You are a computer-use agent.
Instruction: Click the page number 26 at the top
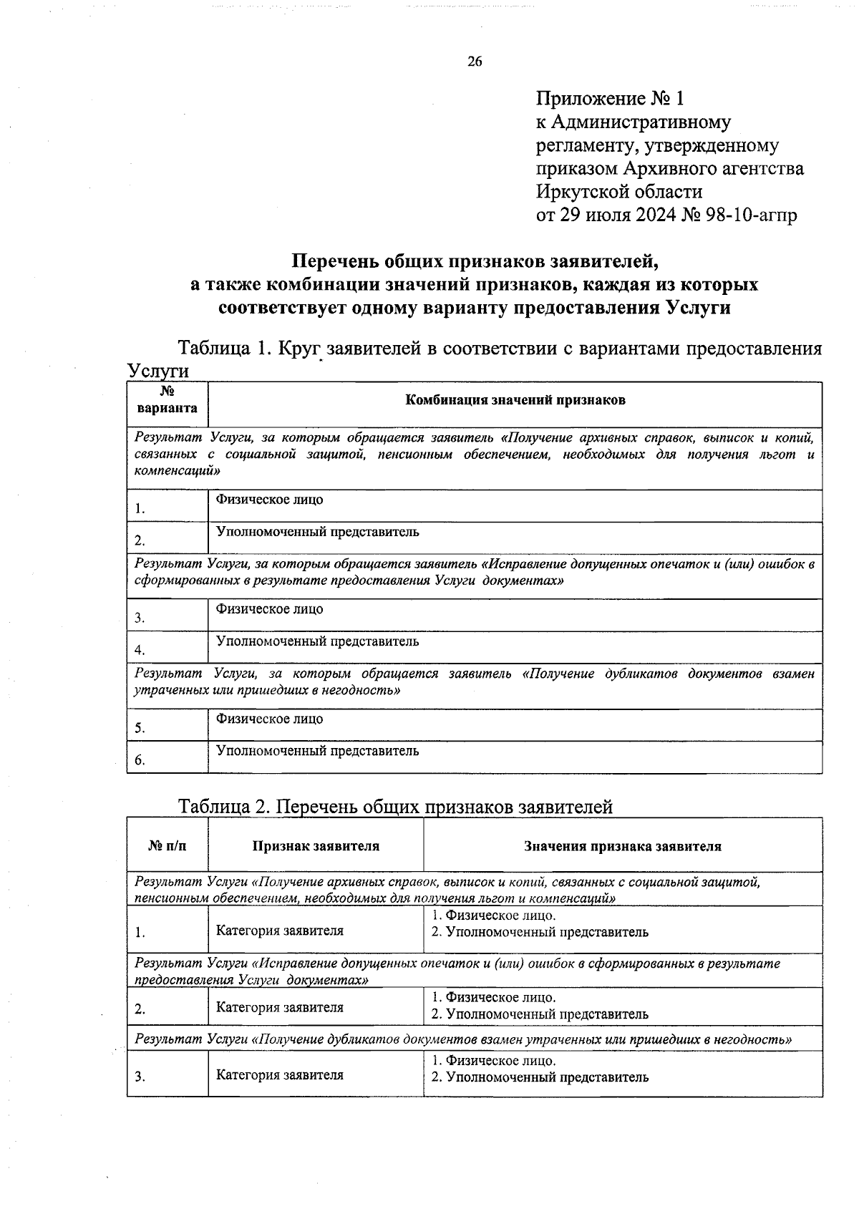point(475,62)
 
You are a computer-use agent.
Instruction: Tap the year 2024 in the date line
point(651,215)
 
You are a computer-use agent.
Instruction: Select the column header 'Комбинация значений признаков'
point(515,400)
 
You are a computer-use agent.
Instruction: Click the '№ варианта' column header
point(168,400)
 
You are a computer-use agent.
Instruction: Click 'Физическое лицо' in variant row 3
point(269,609)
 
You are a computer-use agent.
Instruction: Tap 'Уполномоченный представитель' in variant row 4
point(318,641)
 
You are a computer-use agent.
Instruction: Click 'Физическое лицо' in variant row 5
point(269,719)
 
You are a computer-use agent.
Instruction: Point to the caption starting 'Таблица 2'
point(395,807)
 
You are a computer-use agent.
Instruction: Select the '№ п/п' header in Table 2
point(168,846)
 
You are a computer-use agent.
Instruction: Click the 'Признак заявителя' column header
point(316,846)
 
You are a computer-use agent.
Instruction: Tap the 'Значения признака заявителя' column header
point(622,846)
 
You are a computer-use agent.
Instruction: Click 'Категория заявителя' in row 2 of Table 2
point(280,1007)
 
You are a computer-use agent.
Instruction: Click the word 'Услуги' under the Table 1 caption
point(158,372)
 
